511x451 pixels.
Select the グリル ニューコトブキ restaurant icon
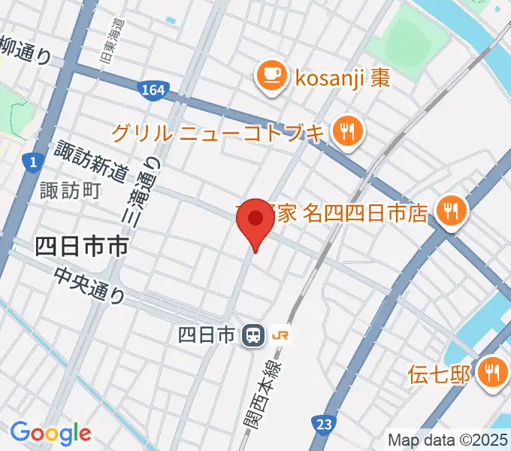[x=348, y=132]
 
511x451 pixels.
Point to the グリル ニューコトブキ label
[x=219, y=133]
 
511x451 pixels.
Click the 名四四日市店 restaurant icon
[x=452, y=210]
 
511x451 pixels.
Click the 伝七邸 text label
[x=439, y=372]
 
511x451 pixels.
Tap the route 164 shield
[x=153, y=91]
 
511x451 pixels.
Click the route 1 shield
[x=31, y=161]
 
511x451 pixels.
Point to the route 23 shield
[x=323, y=425]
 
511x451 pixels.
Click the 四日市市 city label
[x=81, y=246]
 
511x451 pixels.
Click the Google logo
[x=50, y=433]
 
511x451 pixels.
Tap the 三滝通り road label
[x=150, y=192]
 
